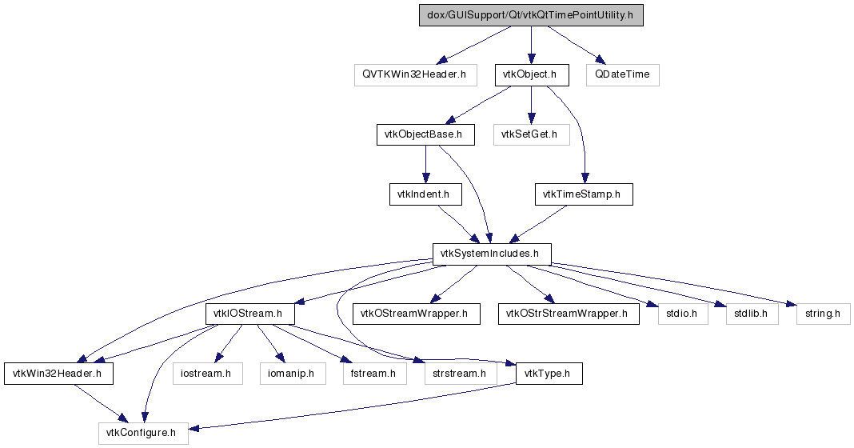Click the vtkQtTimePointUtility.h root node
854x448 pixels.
coord(531,15)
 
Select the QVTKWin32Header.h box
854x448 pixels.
coord(416,74)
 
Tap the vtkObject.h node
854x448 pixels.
coord(532,74)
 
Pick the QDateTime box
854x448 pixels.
coord(623,74)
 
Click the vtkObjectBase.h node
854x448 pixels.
coord(425,134)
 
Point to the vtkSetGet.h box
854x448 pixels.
coord(532,134)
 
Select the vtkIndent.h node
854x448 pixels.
coord(425,194)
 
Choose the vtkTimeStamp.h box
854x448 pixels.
coord(584,194)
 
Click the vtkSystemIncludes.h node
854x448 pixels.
coord(492,254)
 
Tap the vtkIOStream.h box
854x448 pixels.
coord(250,314)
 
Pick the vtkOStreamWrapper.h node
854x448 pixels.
coord(416,314)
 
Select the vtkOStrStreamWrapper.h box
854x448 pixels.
coord(569,314)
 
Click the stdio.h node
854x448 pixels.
coord(683,314)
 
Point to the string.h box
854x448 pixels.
coord(823,314)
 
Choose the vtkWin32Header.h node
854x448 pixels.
coord(59,374)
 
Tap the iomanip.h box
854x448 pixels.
coord(293,374)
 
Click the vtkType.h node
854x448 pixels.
coord(549,374)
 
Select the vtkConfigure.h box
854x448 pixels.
coord(144,434)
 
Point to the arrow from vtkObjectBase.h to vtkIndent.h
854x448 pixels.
coord(425,165)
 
